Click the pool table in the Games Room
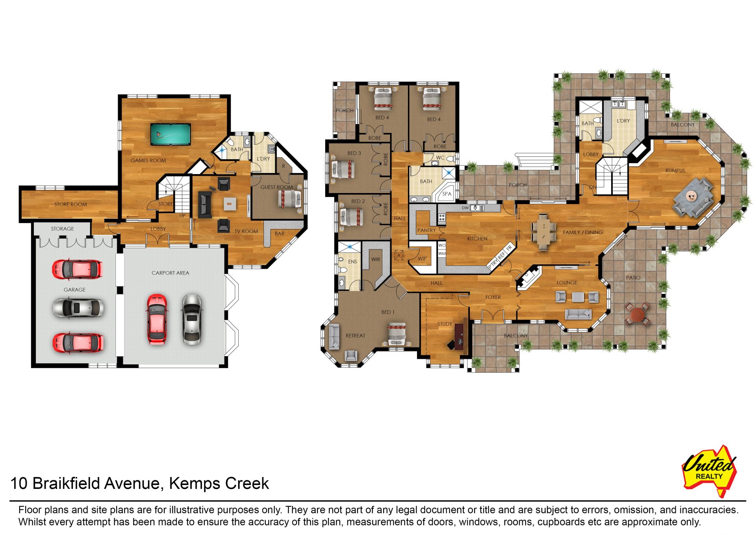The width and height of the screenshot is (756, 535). [170, 134]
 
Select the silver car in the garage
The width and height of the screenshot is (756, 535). [79, 308]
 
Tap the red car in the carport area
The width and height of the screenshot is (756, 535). [157, 319]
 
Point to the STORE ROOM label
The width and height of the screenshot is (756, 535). [70, 204]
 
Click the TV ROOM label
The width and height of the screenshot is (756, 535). [246, 231]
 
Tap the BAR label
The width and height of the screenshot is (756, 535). [280, 234]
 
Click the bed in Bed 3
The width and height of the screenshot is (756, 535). [343, 169]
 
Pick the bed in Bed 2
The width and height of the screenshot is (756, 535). [351, 217]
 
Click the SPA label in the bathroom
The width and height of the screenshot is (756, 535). [447, 194]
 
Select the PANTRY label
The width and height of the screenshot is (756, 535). [426, 230]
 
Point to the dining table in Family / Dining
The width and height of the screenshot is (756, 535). [544, 232]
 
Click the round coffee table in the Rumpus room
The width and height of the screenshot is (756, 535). [691, 195]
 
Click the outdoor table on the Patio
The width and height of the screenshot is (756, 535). [637, 314]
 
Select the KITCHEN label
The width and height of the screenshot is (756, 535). [477, 239]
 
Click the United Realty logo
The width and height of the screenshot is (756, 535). [710, 471]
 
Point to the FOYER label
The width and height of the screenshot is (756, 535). [493, 297]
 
